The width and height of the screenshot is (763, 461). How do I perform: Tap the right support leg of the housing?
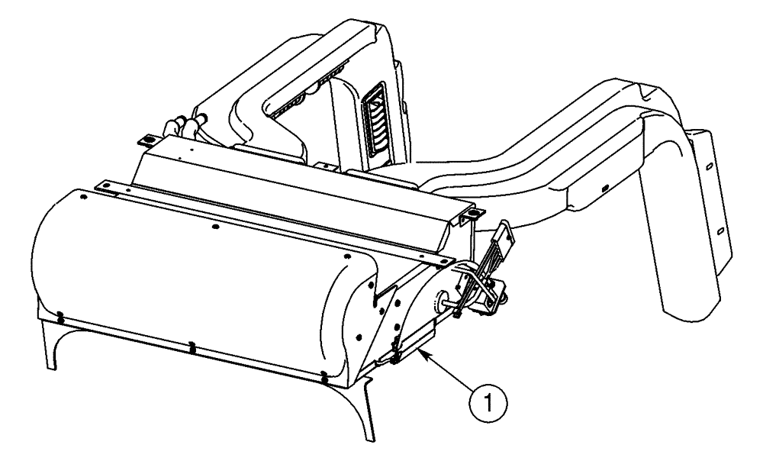[367, 408]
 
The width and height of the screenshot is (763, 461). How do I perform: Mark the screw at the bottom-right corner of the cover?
[325, 376]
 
